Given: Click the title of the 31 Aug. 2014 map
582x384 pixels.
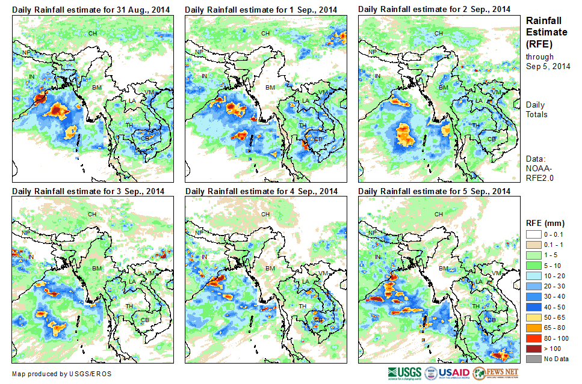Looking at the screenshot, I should coord(90,10).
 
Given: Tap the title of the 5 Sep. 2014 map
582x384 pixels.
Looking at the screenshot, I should coord(434,191).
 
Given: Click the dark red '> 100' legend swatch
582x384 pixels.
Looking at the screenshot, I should coord(534,349).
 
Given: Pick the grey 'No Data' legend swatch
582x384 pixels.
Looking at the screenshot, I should coord(534,359).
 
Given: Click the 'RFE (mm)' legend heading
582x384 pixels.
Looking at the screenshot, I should coord(541,223).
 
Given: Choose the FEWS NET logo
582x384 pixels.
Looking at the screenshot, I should coord(496,373).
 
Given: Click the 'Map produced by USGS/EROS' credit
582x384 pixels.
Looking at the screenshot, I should coord(61,374).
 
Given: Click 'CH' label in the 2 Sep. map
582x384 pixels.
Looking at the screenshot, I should coord(439,33).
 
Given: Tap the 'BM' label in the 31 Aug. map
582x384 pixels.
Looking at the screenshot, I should coord(96,88).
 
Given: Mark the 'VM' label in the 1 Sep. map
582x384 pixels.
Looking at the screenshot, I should coord(323,92).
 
